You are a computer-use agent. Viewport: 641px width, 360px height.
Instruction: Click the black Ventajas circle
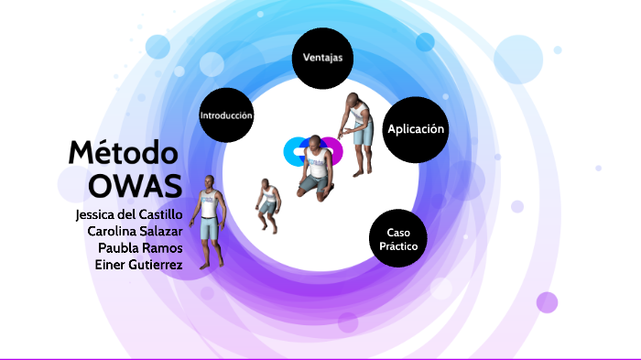[322, 58]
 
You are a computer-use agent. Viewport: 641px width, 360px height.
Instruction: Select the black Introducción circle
[226, 115]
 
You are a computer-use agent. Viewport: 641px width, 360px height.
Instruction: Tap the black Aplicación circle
[416, 129]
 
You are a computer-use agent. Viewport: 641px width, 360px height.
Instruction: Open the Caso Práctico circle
[398, 239]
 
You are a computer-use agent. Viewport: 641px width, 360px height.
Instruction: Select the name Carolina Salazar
[135, 231]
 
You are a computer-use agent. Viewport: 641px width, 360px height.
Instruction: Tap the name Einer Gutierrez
[138, 264]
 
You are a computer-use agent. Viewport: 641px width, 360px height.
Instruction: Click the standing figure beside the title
[210, 222]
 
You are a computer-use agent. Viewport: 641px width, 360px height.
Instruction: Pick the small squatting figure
[267, 199]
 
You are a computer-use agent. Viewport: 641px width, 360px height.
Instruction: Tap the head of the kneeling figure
[314, 144]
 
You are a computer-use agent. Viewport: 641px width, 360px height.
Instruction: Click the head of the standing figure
[209, 181]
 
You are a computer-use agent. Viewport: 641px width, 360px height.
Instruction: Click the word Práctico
[398, 247]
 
